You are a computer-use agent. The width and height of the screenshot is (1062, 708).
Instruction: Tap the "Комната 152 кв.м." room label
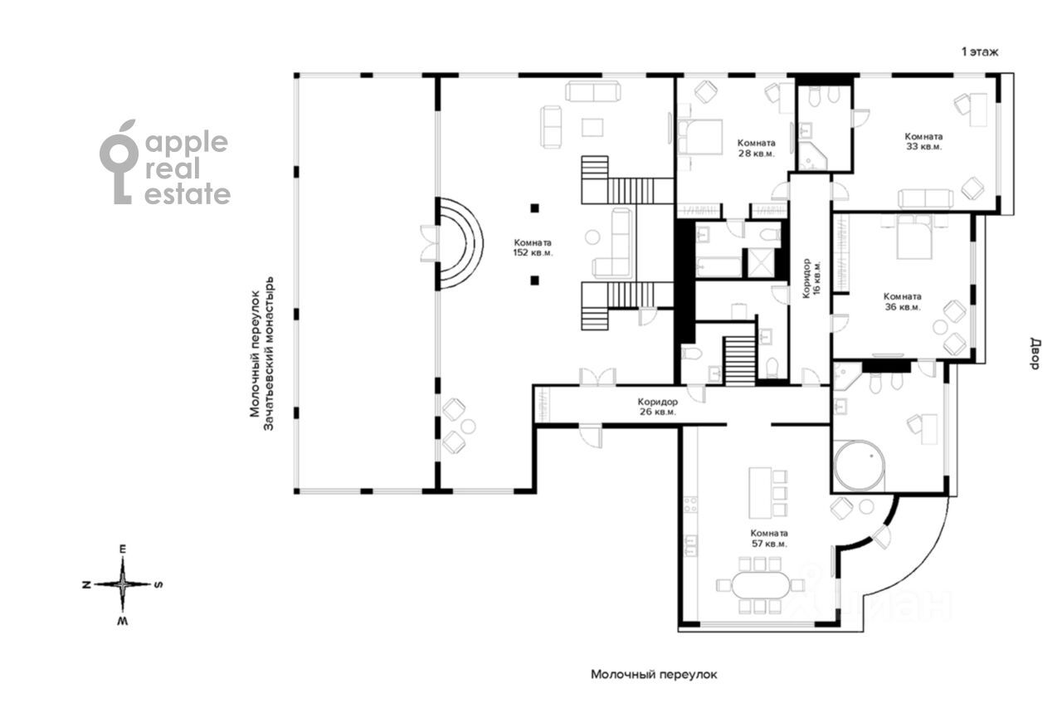point(533,248)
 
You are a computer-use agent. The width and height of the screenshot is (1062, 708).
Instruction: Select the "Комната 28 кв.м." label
point(756,148)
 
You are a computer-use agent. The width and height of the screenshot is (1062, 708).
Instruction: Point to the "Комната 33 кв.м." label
point(923,141)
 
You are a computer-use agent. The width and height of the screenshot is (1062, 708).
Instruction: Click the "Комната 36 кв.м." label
point(902,301)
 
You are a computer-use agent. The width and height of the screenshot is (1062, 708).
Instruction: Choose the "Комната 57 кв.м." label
point(769,538)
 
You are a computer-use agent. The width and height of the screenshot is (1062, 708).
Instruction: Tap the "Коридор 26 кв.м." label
point(658,407)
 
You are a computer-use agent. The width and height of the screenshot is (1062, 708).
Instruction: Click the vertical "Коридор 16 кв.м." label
point(811,278)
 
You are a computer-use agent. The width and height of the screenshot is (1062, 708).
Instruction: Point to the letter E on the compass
point(123,549)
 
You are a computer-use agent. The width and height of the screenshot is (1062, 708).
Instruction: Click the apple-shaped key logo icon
point(119,162)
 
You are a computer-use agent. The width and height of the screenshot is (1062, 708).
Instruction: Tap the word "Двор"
point(1034,354)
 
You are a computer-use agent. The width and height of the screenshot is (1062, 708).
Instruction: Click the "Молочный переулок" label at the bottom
point(654,674)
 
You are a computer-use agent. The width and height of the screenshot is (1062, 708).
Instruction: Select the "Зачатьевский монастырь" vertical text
point(269,353)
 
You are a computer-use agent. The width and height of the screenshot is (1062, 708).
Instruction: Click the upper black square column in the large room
point(535,208)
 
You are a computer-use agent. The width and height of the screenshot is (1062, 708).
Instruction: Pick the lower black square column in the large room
point(535,281)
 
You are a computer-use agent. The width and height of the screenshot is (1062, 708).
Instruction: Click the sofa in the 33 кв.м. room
point(925,198)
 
